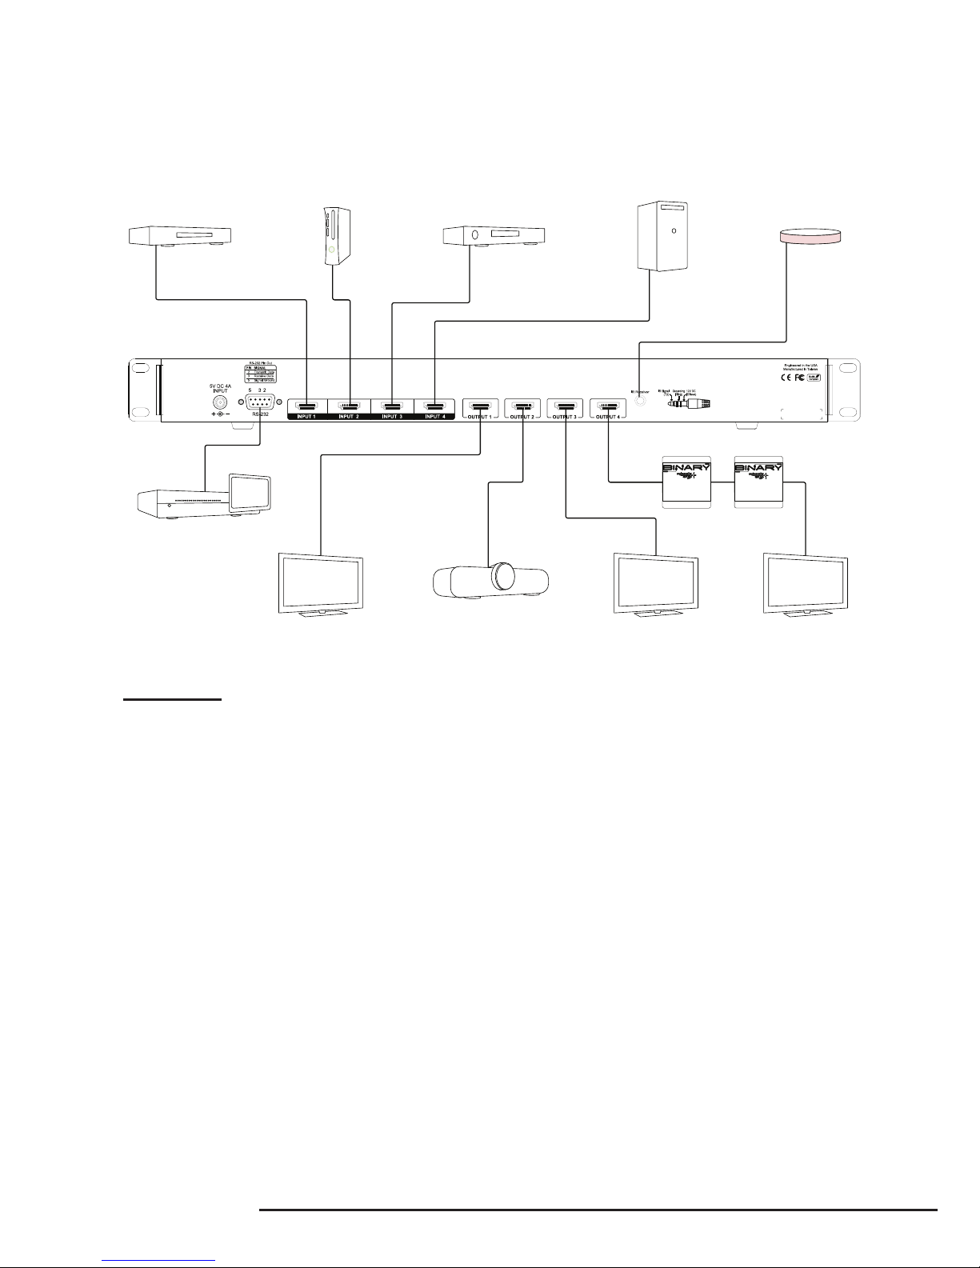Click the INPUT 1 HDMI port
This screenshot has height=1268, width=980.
pyautogui.click(x=307, y=406)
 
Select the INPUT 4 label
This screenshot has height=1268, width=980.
pyautogui.click(x=434, y=417)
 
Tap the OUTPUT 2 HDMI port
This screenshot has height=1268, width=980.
pyautogui.click(x=522, y=406)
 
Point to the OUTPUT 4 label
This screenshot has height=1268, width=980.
pyautogui.click(x=608, y=417)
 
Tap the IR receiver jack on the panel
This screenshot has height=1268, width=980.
pyautogui.click(x=639, y=402)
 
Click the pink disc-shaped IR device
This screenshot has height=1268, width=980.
pyautogui.click(x=810, y=236)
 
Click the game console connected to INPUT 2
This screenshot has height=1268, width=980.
pyautogui.click(x=336, y=236)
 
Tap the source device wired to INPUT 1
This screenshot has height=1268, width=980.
pyautogui.click(x=174, y=236)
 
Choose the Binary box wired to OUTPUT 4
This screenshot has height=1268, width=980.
pyautogui.click(x=686, y=482)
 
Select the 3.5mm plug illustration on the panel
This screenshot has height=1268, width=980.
pyautogui.click(x=690, y=404)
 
